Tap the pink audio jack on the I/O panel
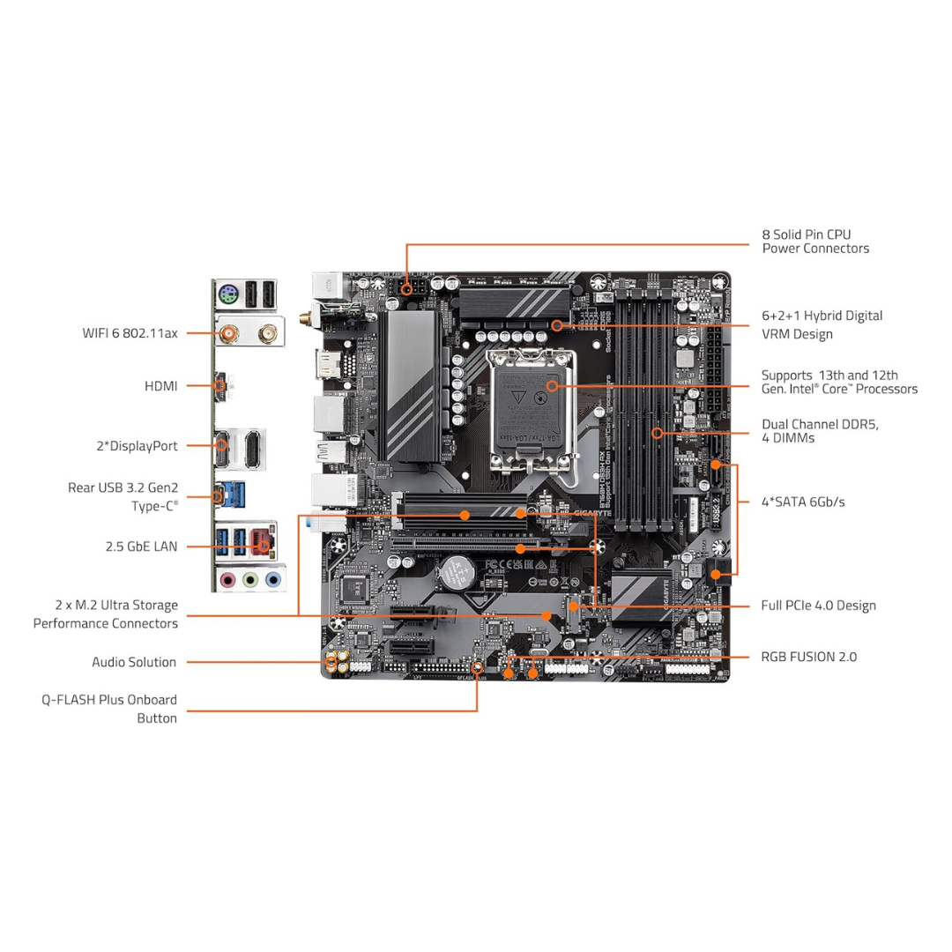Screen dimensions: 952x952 click(228, 580)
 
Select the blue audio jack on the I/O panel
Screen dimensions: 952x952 click(272, 580)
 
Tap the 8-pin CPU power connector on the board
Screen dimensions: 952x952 click(411, 287)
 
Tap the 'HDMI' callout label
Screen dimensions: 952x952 click(160, 386)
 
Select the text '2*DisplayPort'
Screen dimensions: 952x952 click(138, 446)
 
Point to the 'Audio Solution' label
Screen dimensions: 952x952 click(134, 662)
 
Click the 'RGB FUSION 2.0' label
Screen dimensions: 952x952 click(808, 657)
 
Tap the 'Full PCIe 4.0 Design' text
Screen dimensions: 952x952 click(818, 606)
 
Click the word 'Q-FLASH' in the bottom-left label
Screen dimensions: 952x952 click(72, 700)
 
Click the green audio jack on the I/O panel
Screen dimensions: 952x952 click(250, 580)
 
